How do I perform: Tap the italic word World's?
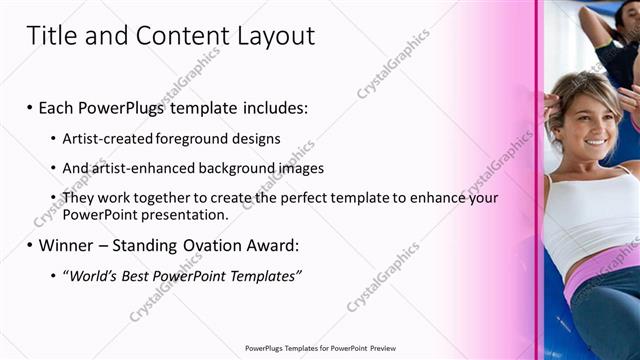pyautogui.click(x=92, y=275)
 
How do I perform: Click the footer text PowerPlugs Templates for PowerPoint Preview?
pyautogui.click(x=320, y=348)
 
